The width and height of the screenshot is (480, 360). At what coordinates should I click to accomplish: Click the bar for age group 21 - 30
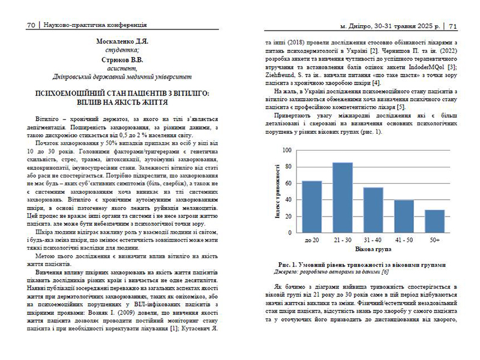coord(343,196)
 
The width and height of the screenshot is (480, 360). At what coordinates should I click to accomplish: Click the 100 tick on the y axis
coord(287,151)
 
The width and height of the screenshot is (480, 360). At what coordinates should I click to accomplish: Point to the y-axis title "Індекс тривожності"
coord(277,192)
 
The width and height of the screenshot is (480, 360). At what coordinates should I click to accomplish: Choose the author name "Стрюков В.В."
coord(122,61)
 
